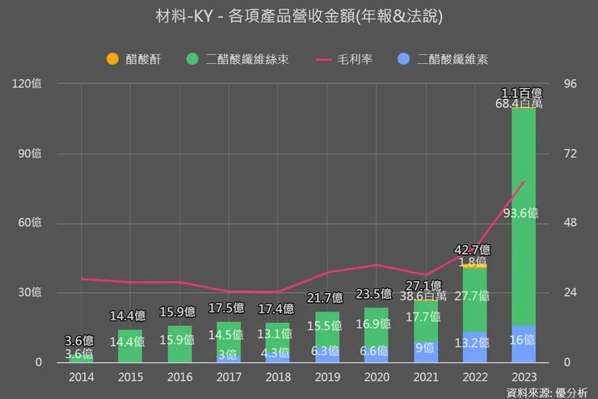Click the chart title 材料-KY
click(x=299, y=16)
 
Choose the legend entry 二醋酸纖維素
click(x=452, y=59)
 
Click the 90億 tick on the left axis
click(x=29, y=153)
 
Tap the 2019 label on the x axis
click(x=327, y=376)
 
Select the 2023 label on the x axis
click(x=524, y=376)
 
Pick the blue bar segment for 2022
click(x=474, y=346)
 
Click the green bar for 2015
click(x=130, y=346)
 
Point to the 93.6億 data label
click(x=522, y=214)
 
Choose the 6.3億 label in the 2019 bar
click(x=327, y=351)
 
